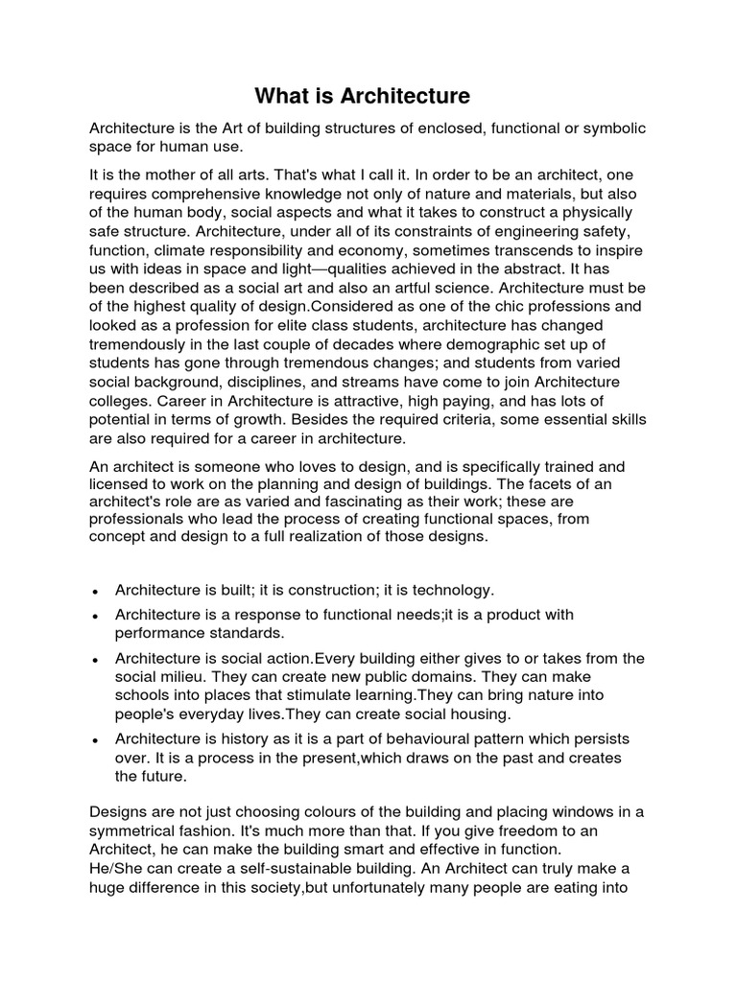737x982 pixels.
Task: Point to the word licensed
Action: tap(120, 484)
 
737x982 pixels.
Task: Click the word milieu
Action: tap(183, 677)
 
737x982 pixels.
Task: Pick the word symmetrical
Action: tap(141, 831)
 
